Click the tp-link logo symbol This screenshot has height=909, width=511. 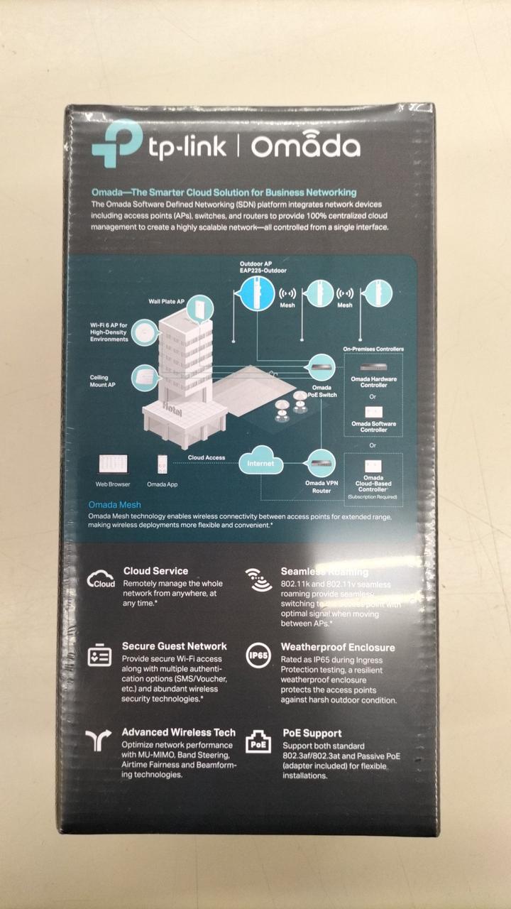116,144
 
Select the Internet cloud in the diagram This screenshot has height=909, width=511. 260,463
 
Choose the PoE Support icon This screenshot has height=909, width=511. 258,742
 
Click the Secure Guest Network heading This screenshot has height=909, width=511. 174,646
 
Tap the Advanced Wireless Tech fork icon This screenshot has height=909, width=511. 99,741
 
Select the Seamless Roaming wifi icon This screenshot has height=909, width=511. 258,579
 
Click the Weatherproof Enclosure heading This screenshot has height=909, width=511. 338,648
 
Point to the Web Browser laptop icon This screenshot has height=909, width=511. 113,465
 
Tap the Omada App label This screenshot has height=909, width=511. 162,484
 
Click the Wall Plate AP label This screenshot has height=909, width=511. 166,301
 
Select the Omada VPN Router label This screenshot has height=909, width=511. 322,486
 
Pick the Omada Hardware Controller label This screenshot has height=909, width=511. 374,382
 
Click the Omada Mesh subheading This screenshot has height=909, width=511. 115,505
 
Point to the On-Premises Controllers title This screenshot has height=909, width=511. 373,349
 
